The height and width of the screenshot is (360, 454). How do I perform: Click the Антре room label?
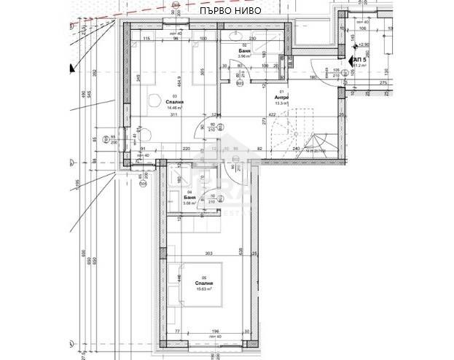(x=281, y=97)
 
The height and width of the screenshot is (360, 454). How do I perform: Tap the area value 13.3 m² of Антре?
(x=282, y=103)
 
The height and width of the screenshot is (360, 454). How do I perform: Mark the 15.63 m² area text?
(x=203, y=289)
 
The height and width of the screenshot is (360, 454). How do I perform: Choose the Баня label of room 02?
(x=244, y=50)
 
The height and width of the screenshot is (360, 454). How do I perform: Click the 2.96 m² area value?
(x=244, y=56)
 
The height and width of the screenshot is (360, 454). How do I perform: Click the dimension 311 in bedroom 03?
(x=173, y=115)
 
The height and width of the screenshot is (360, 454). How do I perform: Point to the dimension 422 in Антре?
(x=271, y=115)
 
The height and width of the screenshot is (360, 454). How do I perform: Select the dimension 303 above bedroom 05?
(x=208, y=254)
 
